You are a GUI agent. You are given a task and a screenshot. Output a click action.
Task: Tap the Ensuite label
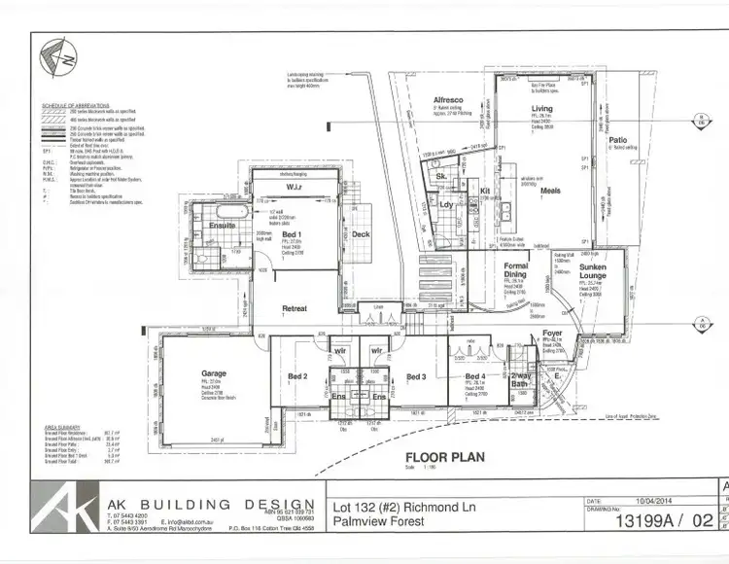222,226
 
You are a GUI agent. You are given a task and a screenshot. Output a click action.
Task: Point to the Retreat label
295,308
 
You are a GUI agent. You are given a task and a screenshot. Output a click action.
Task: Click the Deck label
361,234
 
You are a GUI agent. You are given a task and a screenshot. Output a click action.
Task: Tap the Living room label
541,109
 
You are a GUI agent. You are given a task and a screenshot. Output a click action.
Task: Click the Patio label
617,140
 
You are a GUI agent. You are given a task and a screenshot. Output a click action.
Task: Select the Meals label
550,190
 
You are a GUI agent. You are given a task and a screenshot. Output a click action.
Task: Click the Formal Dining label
514,270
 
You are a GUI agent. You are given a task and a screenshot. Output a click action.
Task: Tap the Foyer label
552,333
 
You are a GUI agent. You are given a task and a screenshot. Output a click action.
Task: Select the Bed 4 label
475,376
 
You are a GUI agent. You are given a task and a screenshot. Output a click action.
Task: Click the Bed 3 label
416,376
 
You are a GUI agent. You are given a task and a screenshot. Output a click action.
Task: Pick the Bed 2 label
297,376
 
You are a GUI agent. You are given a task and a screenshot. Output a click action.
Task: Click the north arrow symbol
60,59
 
